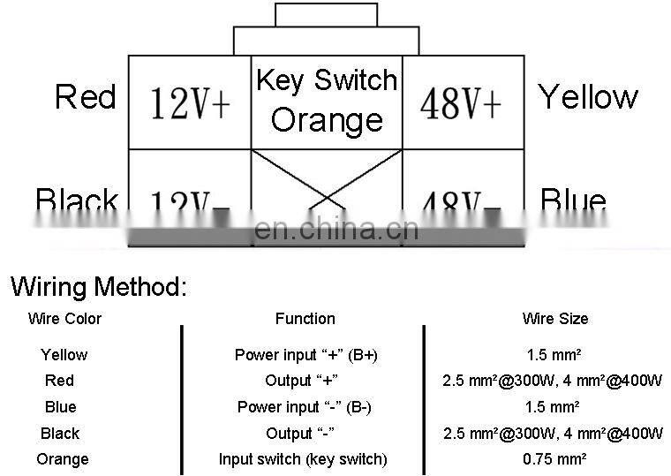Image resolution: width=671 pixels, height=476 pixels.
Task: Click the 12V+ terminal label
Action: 190,103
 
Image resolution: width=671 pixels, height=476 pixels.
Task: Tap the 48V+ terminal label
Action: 461,103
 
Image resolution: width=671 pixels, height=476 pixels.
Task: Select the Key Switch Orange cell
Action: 327,100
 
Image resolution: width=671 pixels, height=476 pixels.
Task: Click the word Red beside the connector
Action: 85,96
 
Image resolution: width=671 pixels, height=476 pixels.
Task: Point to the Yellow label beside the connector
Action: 588,96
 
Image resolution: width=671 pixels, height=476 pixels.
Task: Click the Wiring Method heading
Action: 99,286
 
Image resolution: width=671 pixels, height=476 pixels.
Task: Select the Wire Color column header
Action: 64,319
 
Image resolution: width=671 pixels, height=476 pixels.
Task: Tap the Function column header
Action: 305,319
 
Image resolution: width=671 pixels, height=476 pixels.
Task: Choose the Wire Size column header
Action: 554,319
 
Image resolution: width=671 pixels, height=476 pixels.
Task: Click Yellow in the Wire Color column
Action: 64,355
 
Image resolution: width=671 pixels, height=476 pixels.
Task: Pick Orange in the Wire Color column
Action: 63,459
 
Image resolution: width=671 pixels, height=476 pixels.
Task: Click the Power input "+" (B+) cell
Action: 305,355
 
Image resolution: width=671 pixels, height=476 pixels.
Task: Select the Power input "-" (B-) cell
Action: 304,407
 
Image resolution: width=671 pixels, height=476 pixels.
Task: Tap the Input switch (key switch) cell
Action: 303,459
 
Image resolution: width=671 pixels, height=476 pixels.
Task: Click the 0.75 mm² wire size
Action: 554,458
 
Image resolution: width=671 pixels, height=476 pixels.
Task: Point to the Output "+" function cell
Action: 302,381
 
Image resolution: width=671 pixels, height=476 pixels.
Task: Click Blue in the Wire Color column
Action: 60,407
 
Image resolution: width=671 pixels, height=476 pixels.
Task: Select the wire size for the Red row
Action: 553,381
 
